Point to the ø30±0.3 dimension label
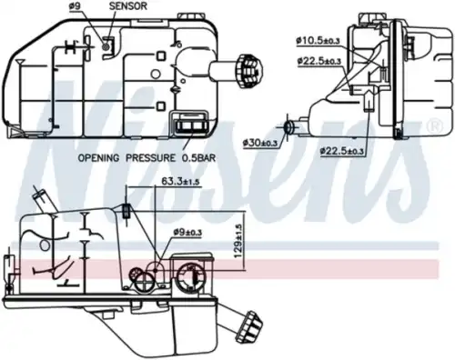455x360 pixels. (x=263, y=143)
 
